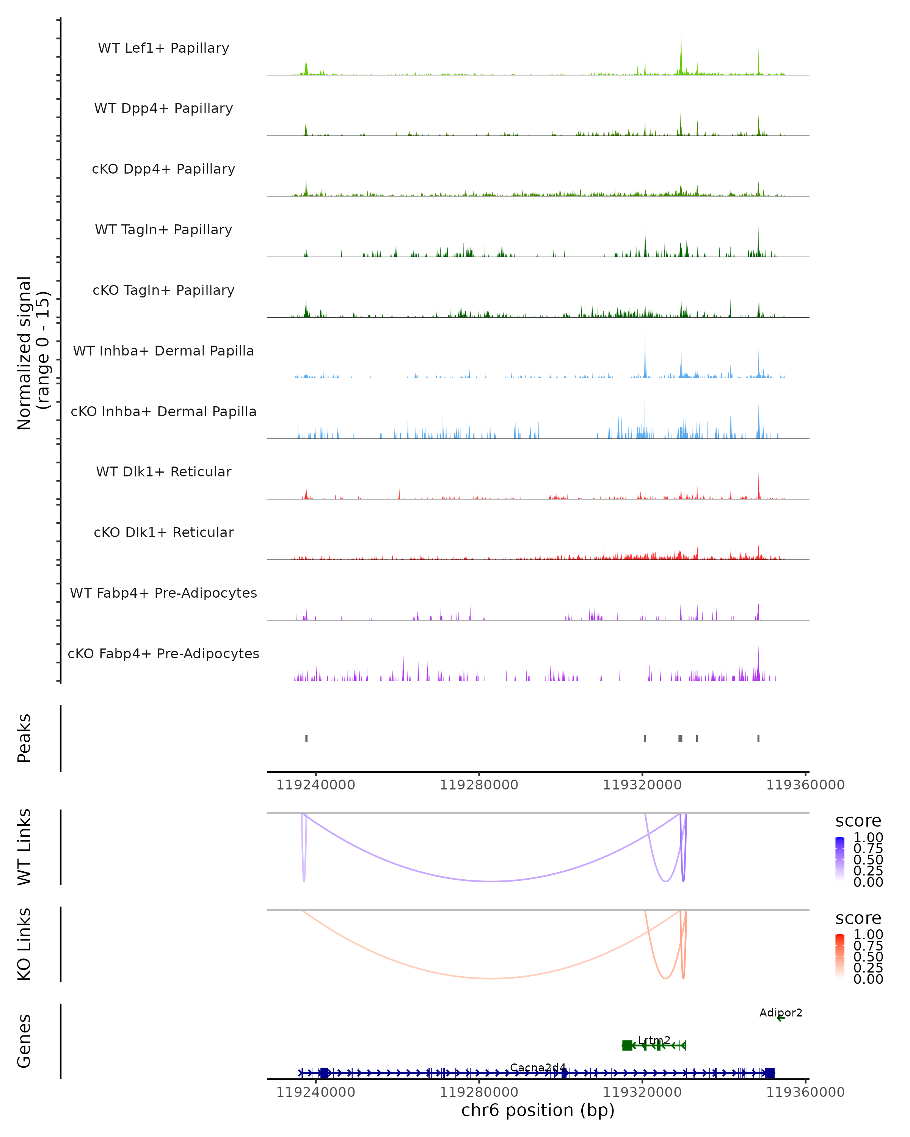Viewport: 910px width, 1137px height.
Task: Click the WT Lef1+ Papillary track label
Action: (163, 48)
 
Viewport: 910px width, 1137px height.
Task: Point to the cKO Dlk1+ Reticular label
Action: (163, 532)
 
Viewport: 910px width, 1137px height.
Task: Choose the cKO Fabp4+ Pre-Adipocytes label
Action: (163, 653)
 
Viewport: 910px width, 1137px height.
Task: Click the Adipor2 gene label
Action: (781, 1013)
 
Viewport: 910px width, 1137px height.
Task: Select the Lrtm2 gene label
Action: (654, 1040)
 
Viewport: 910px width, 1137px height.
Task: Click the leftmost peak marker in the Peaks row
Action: (306, 738)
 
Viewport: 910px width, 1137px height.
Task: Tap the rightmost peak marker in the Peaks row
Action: (759, 738)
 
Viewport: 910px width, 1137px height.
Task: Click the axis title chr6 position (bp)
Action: (538, 1110)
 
